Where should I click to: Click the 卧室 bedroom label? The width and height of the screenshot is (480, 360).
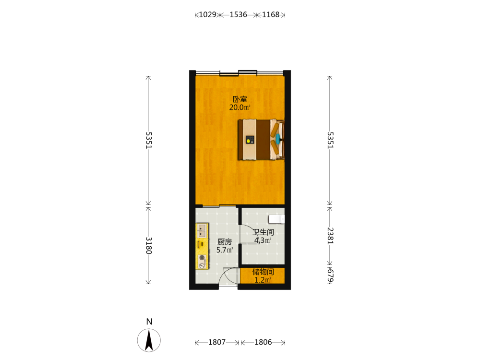tap(240, 99)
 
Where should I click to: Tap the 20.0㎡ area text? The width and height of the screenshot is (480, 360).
tap(240, 108)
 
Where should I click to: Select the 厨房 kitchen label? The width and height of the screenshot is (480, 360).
tap(225, 242)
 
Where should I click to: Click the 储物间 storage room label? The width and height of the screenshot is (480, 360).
tap(263, 272)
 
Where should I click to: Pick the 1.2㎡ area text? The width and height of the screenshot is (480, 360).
tap(263, 280)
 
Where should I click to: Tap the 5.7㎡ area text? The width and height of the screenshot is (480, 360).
tap(225, 250)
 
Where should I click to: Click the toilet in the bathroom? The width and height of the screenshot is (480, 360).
tap(276, 219)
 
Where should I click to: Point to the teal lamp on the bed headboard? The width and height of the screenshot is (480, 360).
tap(278, 139)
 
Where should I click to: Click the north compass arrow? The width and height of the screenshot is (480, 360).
tap(149, 340)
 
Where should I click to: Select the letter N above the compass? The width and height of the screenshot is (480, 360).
tap(149, 322)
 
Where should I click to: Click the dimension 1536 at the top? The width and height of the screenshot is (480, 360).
tap(238, 15)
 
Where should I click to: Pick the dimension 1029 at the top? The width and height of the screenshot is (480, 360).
tap(207, 15)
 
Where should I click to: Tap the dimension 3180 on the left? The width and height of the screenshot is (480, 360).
tap(148, 245)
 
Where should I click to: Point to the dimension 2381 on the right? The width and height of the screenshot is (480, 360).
tap(330, 236)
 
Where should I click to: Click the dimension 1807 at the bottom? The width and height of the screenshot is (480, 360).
tap(217, 342)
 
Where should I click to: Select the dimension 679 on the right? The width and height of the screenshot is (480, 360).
tap(330, 276)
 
